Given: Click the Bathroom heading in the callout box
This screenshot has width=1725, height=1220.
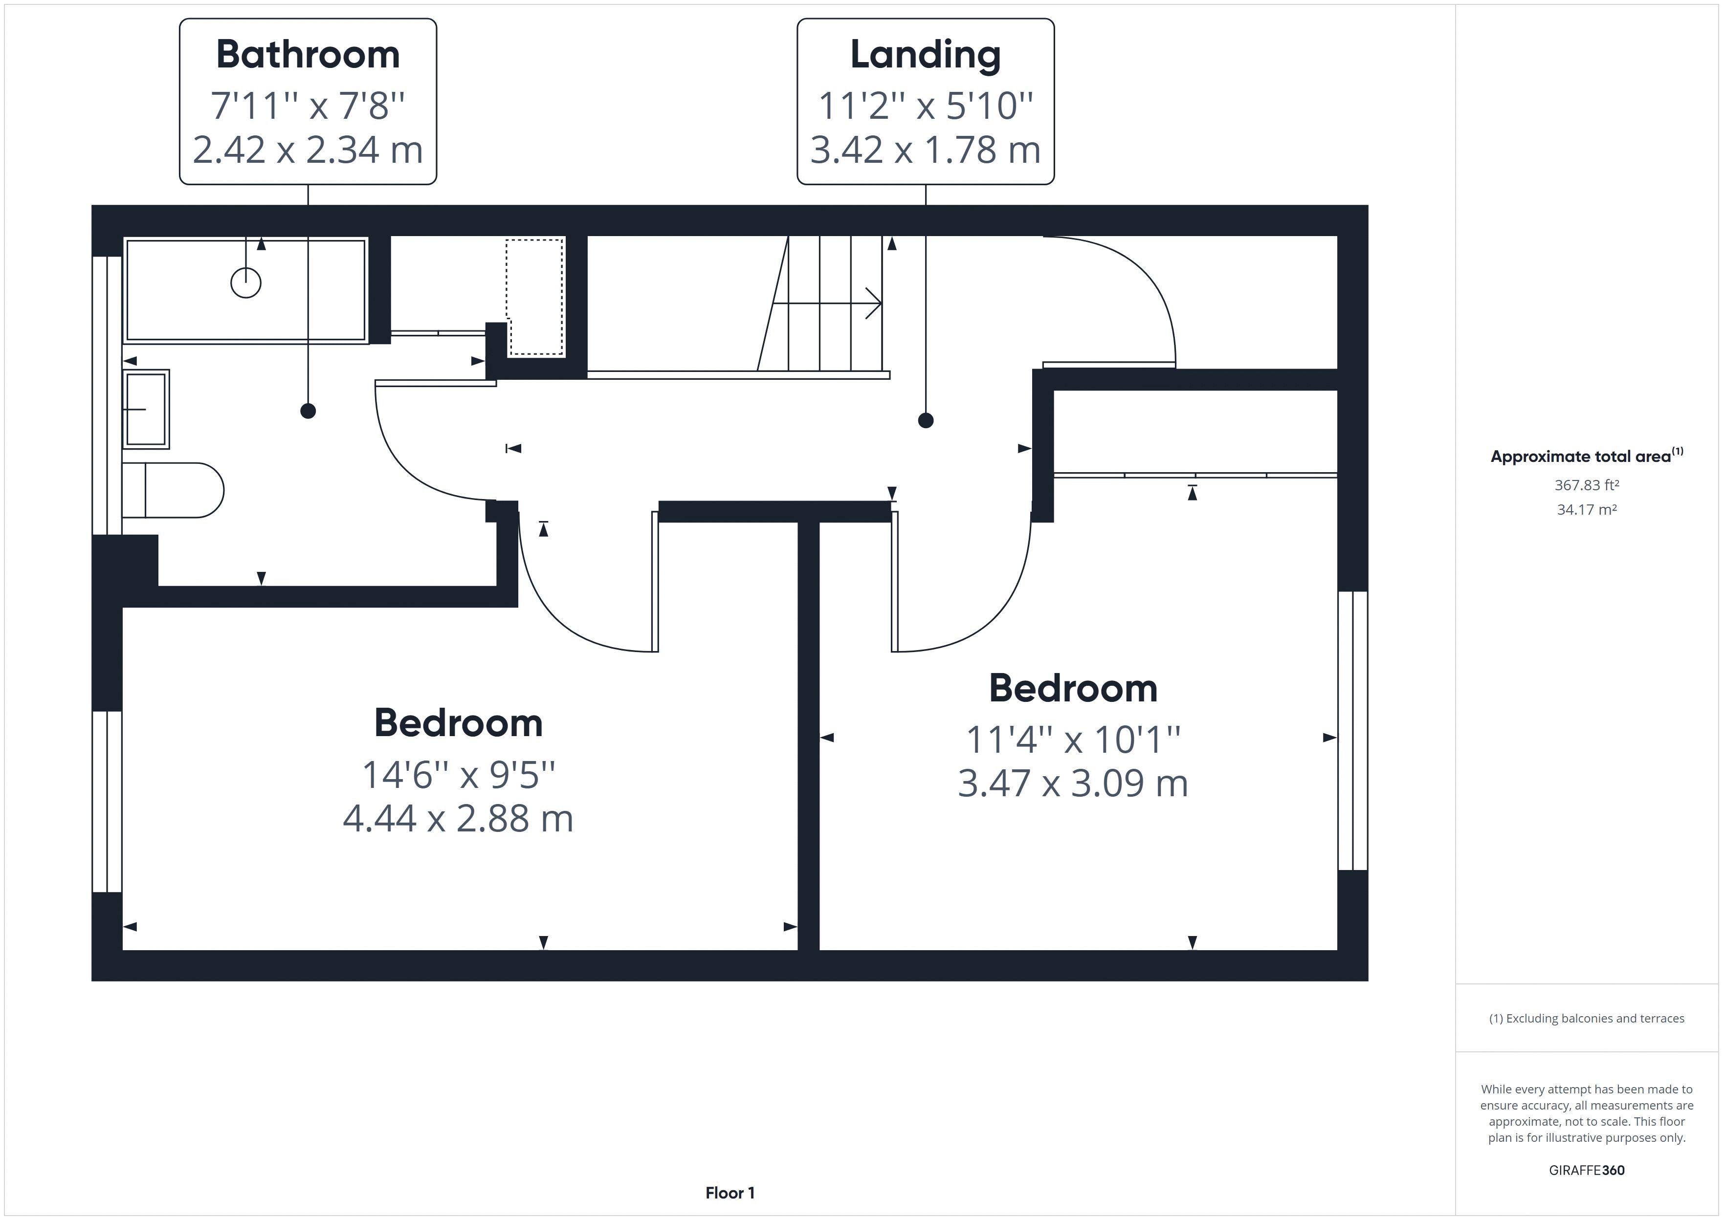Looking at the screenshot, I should (x=308, y=55).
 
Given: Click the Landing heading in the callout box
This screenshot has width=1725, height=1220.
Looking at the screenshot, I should (x=925, y=55).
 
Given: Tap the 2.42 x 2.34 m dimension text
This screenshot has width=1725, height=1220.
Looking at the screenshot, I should (x=308, y=150).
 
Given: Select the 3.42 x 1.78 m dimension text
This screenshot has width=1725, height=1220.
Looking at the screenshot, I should (x=925, y=150).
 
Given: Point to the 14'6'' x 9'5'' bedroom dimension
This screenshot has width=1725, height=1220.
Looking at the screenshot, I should (x=458, y=775).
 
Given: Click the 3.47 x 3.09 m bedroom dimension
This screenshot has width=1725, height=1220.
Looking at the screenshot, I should (x=1072, y=783).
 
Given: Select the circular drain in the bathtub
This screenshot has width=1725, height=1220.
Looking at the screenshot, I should (x=245, y=283).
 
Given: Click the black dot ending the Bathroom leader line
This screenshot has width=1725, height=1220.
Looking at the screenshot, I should (x=308, y=411).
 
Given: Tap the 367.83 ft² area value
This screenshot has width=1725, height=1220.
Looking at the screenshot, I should (x=1586, y=485).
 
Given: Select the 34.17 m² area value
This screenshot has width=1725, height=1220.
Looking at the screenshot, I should (x=1586, y=509).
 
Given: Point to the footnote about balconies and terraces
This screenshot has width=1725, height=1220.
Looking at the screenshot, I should (x=1586, y=1019).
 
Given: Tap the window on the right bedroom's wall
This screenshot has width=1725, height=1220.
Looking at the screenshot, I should (x=1352, y=730).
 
